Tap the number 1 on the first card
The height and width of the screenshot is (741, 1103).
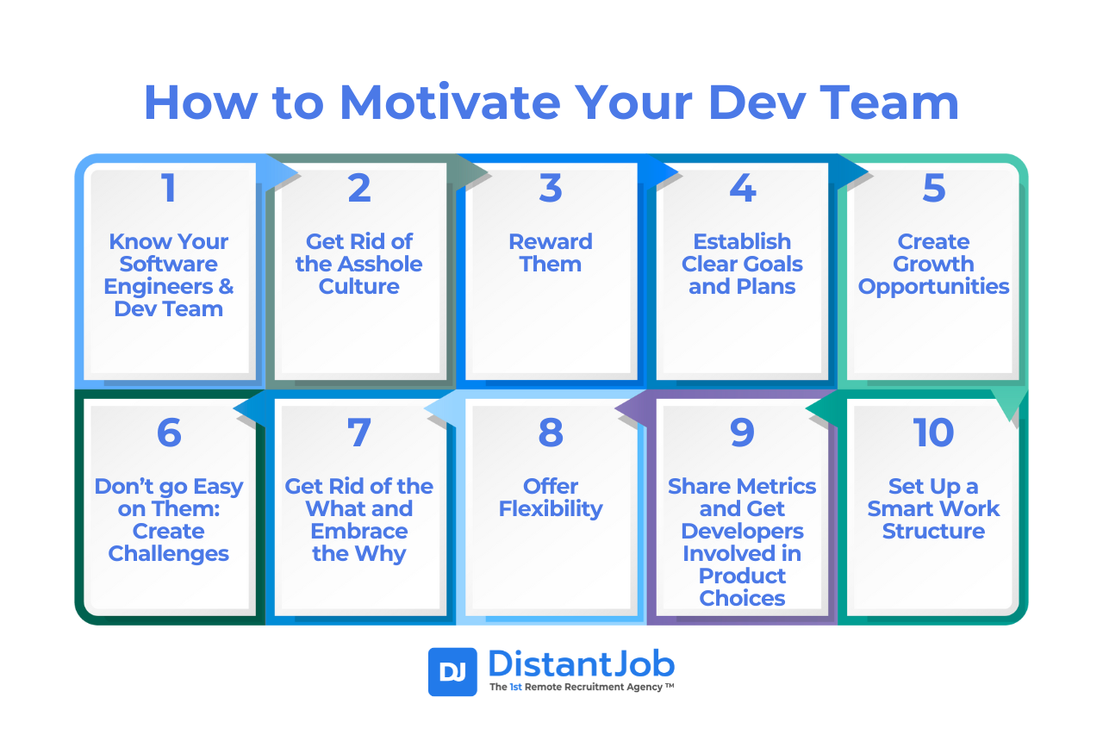[x=169, y=189]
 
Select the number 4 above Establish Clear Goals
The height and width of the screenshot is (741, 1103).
[x=742, y=189]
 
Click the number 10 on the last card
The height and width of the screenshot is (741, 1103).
[x=933, y=433]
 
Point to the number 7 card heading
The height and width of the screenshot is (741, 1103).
[x=359, y=433]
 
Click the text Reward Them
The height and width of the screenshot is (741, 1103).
[x=551, y=252]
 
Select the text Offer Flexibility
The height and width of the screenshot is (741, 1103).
[x=551, y=497]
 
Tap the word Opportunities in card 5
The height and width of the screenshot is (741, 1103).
[x=933, y=287]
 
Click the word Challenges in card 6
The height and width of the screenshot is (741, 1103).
[x=169, y=553]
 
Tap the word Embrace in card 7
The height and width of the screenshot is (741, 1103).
[x=359, y=531]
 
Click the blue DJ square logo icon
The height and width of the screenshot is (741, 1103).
[x=452, y=672]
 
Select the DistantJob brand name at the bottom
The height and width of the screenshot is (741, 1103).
[x=581, y=663]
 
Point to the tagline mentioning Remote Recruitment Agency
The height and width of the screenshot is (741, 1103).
[x=581, y=688]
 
